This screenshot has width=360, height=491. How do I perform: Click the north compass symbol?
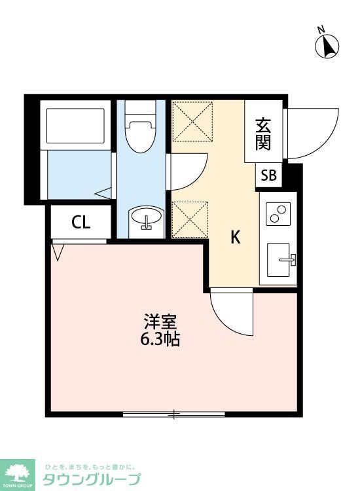327,45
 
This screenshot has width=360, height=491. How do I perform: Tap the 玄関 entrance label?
263,133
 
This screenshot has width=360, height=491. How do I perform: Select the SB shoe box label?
269,175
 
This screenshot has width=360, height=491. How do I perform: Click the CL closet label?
81,223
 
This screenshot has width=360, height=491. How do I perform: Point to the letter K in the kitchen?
234,238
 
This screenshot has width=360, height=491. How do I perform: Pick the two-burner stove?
278,214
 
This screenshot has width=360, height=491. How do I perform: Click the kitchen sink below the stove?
282,261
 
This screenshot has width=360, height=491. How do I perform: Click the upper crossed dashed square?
192,121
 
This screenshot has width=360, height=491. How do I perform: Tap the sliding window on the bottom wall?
173,414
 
